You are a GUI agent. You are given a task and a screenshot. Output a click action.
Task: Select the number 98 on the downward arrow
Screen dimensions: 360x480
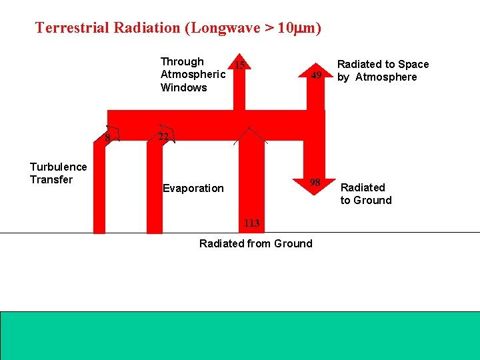coord(315,183)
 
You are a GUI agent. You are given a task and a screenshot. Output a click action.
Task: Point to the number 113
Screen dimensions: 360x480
coord(251,223)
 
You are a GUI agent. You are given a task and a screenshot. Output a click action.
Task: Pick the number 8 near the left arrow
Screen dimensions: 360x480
coord(107,139)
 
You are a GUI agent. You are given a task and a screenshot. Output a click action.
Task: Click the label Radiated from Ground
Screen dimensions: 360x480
coord(255,243)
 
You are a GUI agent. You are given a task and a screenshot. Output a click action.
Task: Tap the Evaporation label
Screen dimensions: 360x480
coord(193,188)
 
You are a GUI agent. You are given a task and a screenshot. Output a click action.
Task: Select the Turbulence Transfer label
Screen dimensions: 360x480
coord(58,173)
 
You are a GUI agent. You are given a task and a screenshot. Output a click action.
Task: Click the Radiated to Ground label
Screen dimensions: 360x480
coord(365,194)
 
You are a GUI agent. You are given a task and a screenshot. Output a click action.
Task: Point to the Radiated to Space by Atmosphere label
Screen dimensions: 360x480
coord(383,71)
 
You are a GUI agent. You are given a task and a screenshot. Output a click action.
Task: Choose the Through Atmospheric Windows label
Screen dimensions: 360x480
coord(193,75)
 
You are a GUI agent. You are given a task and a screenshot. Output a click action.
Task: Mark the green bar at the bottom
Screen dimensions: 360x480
coord(240,335)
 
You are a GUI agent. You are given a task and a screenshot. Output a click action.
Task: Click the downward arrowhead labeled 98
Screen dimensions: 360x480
coord(310,187)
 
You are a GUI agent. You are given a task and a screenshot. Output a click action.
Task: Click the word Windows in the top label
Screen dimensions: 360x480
coord(184,87)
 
